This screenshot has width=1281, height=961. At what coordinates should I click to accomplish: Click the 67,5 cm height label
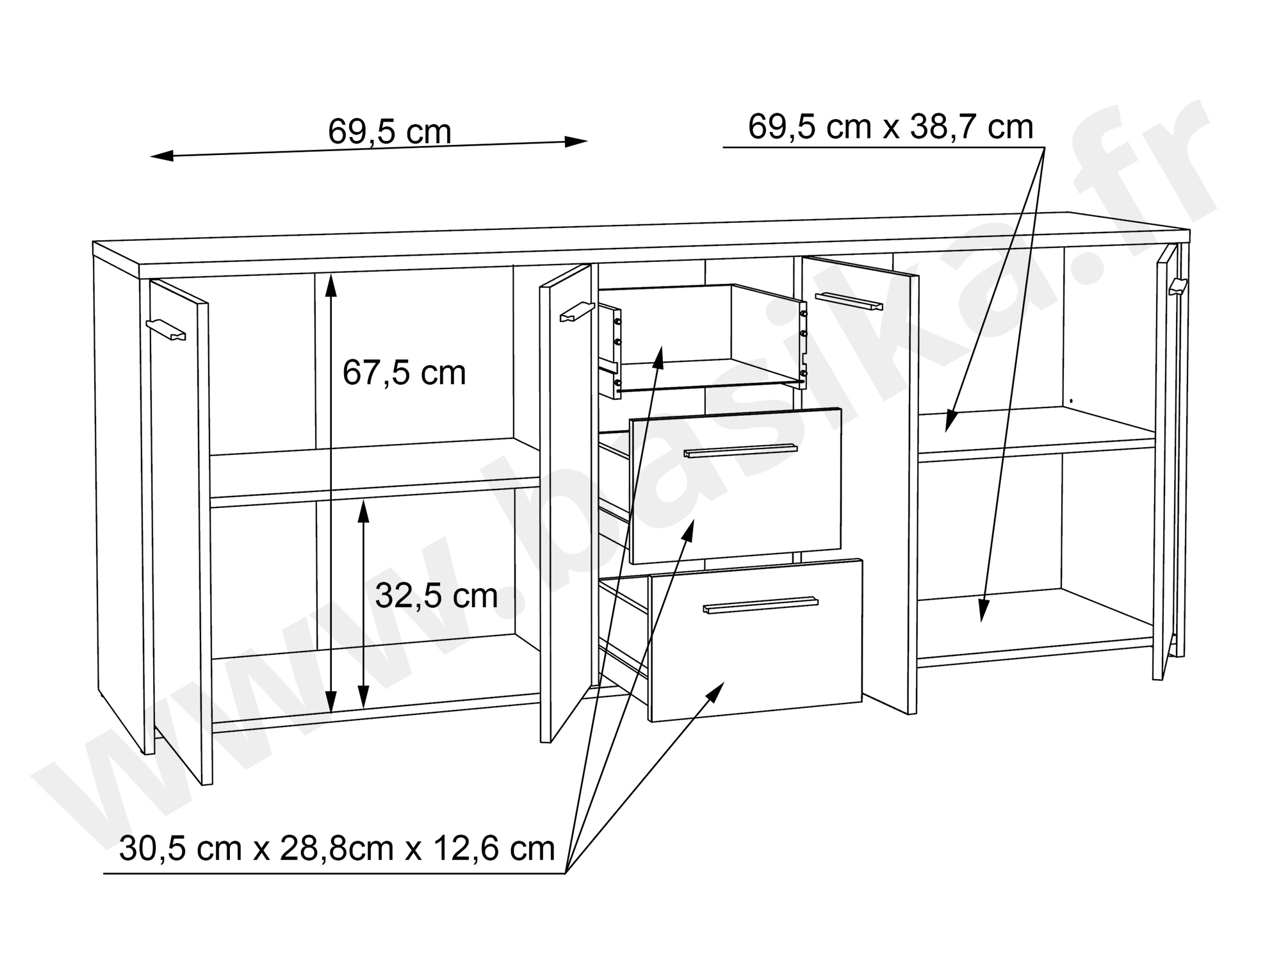[x=404, y=373]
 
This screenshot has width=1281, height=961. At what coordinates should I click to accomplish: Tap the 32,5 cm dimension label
[x=436, y=596]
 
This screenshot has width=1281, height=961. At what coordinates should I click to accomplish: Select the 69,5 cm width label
[x=389, y=131]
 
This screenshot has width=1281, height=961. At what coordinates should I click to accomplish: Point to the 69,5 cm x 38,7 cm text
[x=890, y=127]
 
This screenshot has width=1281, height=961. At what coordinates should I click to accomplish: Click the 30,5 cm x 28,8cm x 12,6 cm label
[x=337, y=849]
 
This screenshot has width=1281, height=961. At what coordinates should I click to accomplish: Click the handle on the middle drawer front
[x=740, y=451]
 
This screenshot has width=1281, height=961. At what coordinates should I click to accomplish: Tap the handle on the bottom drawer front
[x=760, y=605]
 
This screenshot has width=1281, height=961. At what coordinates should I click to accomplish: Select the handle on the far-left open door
[x=165, y=330]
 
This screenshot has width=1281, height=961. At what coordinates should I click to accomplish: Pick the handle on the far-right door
[x=1177, y=286]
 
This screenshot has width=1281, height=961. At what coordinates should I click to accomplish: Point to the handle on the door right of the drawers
[x=849, y=300]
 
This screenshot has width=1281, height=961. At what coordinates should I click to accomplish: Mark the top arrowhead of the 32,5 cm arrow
[x=363, y=512]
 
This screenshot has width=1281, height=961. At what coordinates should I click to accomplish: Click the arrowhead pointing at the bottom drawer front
[x=716, y=691]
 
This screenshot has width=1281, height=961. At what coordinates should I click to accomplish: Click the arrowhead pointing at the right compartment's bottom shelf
[x=983, y=609]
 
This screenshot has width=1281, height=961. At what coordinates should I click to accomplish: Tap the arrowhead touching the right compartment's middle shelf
[x=951, y=420]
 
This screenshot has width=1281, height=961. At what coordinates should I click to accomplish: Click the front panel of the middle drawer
[x=735, y=486]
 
